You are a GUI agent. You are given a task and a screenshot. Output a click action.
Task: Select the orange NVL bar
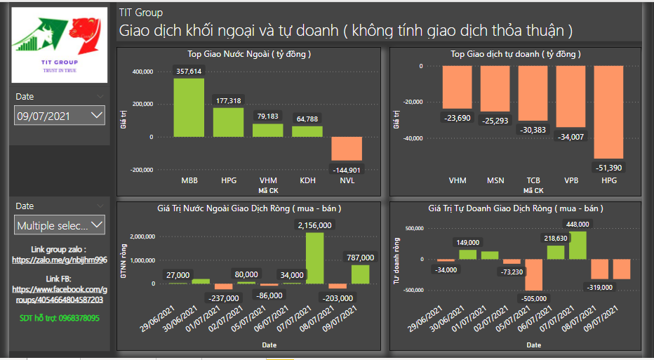[346, 149]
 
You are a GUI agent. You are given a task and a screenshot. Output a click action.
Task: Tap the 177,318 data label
[228, 101]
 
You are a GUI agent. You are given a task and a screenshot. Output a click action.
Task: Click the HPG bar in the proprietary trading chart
[608, 112]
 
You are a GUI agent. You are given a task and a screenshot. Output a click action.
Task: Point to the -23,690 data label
[457, 118]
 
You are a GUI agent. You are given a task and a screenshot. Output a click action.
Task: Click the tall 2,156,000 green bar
[314, 258]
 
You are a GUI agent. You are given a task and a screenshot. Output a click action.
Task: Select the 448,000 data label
[578, 224]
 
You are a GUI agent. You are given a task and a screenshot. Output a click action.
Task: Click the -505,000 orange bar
[535, 274]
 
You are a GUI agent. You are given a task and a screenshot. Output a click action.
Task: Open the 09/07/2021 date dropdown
[60, 116]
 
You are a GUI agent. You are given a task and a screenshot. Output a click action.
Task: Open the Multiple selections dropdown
[60, 225]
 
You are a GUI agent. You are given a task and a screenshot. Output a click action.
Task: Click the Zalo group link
[60, 260]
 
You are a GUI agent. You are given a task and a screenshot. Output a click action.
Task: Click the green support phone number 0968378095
[60, 319]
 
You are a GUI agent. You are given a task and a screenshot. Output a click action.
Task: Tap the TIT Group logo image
[60, 46]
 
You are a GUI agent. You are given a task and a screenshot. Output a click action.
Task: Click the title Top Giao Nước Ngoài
[249, 54]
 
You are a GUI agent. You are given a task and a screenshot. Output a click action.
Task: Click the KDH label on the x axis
[307, 180]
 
